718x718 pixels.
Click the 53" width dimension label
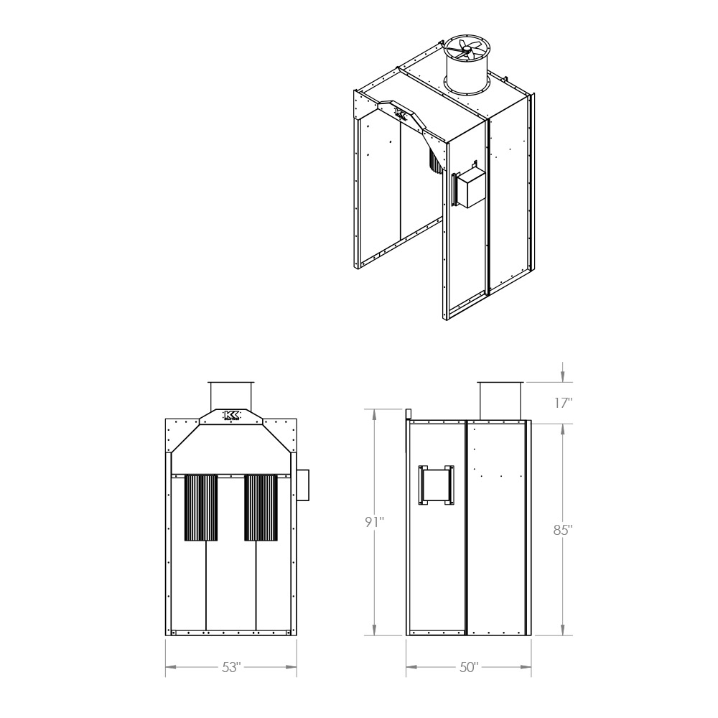point(230,667)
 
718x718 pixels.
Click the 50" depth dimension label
point(468,667)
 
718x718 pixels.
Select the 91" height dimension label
point(374,522)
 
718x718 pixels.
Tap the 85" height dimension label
point(563,530)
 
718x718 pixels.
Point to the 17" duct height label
point(563,403)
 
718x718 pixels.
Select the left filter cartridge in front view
point(201,508)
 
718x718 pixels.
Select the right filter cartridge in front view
point(261,508)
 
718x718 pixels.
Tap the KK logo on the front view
point(230,415)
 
